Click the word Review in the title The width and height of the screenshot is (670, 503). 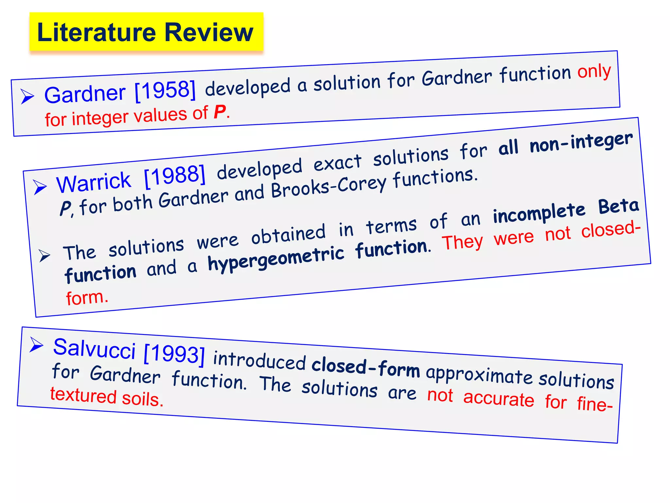tap(209, 32)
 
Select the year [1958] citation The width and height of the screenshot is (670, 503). tap(165, 90)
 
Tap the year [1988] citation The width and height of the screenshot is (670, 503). tap(175, 176)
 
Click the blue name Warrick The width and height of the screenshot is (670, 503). tap(94, 182)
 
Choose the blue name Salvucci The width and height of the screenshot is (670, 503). tap(94, 348)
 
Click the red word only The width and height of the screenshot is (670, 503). tap(594, 71)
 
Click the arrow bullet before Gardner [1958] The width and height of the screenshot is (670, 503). tap(27, 96)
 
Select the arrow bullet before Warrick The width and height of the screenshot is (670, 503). tap(40, 187)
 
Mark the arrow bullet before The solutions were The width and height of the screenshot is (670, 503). tap(44, 255)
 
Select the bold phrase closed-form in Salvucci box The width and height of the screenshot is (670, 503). tap(365, 366)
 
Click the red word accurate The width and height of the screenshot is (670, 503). tap(499, 399)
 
